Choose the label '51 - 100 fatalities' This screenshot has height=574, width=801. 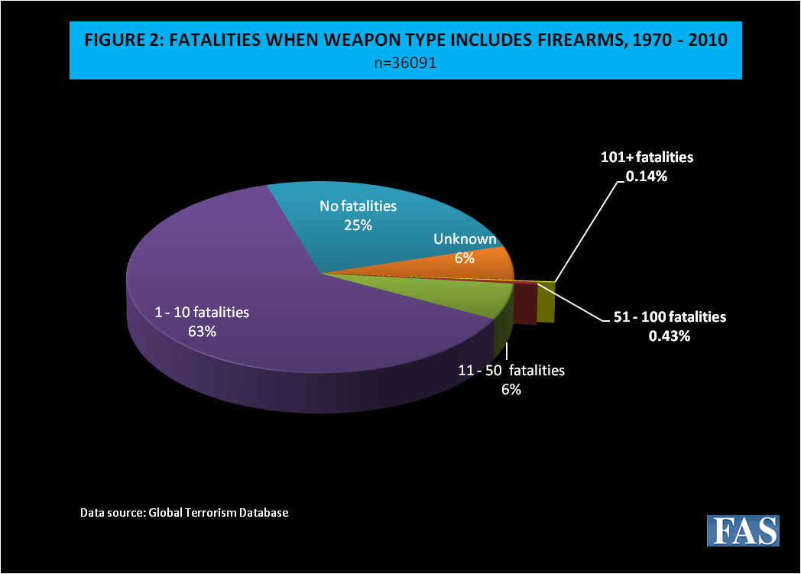tap(670, 317)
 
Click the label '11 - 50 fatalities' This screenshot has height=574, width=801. tap(511, 371)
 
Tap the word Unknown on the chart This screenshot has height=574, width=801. tap(465, 239)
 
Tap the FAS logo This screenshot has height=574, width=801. tap(742, 530)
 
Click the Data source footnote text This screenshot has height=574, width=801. tap(184, 512)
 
